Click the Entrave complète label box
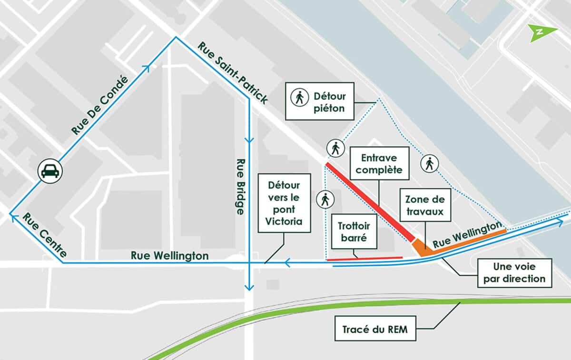tap(379, 163)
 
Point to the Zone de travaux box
tap(425, 205)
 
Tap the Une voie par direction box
tap(514, 273)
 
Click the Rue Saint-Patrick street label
tap(233, 73)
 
